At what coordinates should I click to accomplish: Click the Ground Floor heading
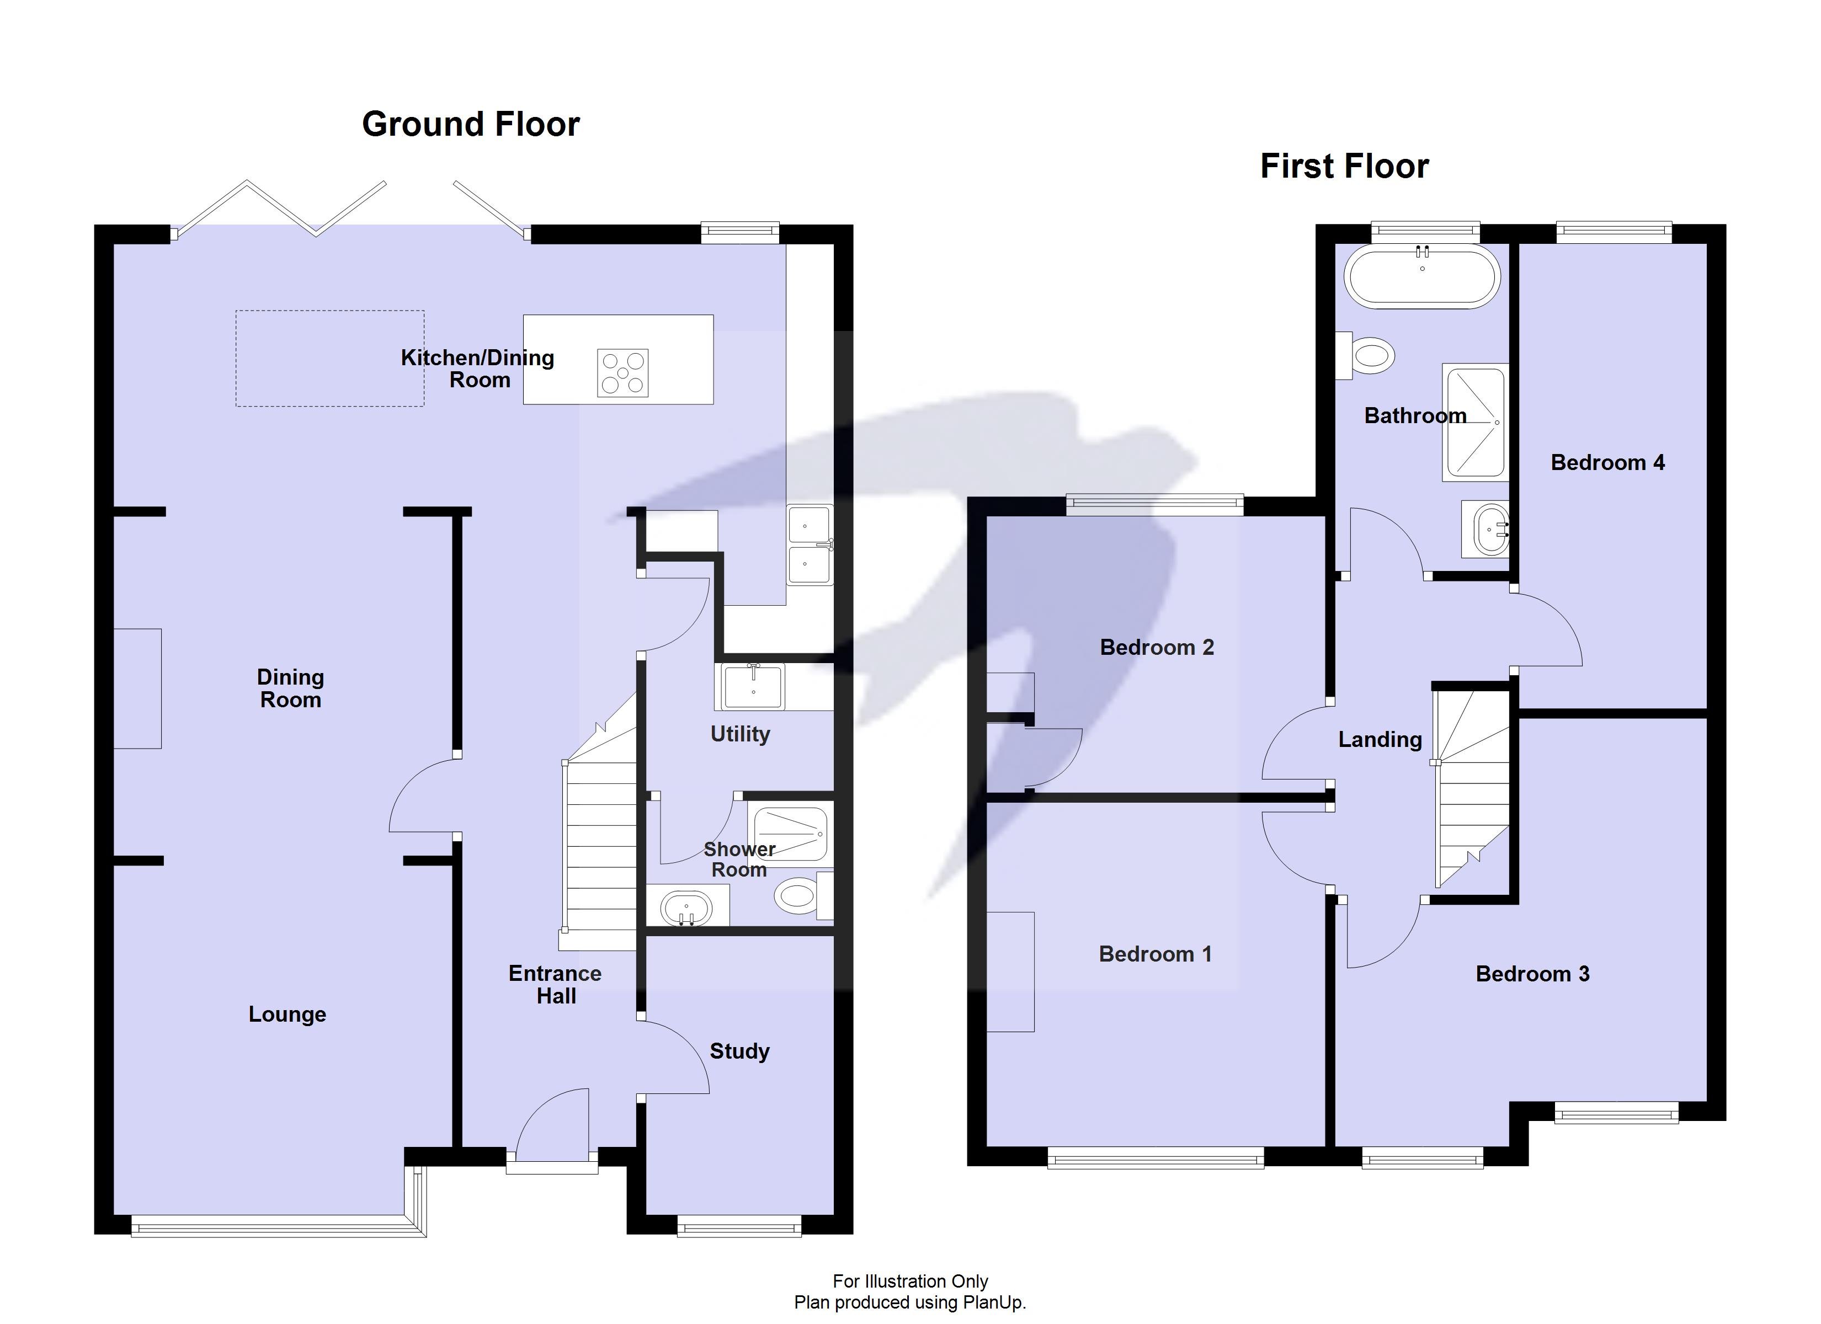point(471,125)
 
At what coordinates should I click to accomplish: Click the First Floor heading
point(1344,166)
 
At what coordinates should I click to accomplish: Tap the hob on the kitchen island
point(622,372)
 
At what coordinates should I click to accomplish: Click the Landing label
point(1380,739)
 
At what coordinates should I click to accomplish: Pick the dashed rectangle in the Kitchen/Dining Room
point(329,358)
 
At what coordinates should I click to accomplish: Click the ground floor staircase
point(600,851)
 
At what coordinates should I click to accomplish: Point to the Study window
point(739,1226)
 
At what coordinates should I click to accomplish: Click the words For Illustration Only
point(910,1282)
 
